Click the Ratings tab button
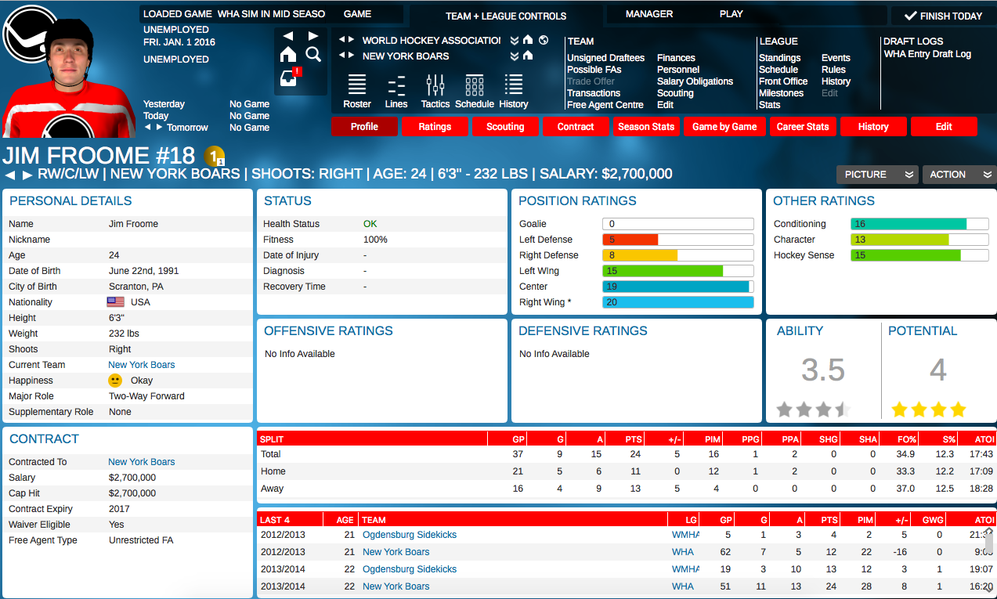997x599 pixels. click(x=435, y=127)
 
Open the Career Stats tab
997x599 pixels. click(x=802, y=127)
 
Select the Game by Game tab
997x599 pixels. click(x=724, y=127)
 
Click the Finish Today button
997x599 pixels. click(x=943, y=16)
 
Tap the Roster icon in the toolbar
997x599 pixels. click(x=357, y=91)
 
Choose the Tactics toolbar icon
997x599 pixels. click(x=435, y=91)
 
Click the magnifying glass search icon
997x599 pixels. click(x=313, y=54)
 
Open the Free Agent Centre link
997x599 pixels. click(x=605, y=105)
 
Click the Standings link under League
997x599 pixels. click(x=779, y=58)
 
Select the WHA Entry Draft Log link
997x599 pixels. click(x=927, y=54)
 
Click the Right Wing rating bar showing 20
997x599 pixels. click(x=677, y=302)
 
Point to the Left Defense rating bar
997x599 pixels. click(x=677, y=240)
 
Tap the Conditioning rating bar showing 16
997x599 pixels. click(x=919, y=224)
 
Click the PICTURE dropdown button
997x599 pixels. click(x=876, y=175)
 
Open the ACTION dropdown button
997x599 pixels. click(x=959, y=175)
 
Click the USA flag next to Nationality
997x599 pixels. click(x=116, y=302)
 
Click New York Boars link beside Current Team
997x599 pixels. click(x=142, y=365)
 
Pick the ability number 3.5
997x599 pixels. click(x=823, y=370)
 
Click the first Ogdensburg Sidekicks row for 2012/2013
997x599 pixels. click(x=410, y=535)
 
